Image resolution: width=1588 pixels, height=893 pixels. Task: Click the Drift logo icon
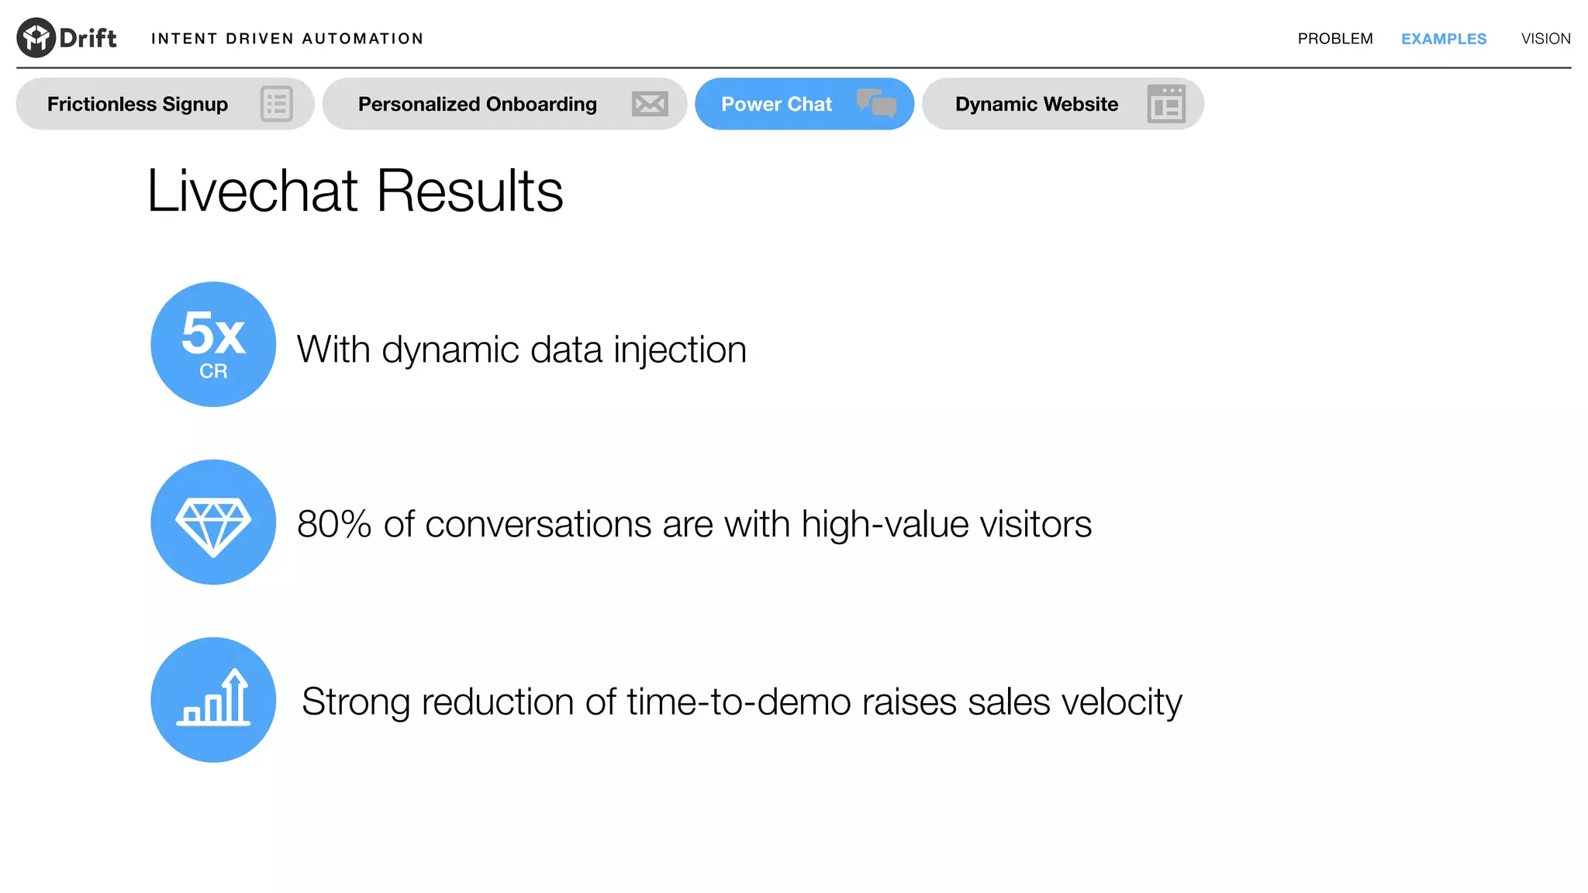(x=36, y=37)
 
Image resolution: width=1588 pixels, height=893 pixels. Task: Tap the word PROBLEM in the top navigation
(x=1334, y=39)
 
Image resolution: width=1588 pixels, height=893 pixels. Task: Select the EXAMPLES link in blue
(x=1443, y=39)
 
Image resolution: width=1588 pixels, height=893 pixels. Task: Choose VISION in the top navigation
(x=1545, y=39)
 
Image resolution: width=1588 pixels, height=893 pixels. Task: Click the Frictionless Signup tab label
(x=137, y=104)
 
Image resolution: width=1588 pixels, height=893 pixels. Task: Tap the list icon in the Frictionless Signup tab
(x=276, y=104)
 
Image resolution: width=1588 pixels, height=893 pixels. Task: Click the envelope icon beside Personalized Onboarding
(x=649, y=104)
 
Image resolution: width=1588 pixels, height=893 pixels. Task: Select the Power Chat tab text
(x=776, y=104)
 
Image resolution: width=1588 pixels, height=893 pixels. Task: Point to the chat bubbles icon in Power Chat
(x=876, y=103)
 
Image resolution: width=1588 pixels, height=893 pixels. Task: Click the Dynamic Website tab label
(x=1036, y=104)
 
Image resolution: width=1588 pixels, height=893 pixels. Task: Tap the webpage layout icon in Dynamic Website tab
(x=1165, y=104)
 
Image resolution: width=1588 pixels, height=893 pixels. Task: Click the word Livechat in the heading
(x=252, y=191)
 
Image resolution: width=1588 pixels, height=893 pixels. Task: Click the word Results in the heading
(x=470, y=191)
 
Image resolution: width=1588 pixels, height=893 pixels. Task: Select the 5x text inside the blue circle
(x=213, y=333)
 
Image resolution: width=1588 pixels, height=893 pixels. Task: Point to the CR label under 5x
(x=213, y=371)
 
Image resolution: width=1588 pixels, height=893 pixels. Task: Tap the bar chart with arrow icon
(x=213, y=698)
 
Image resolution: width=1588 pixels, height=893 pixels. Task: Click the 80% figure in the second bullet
(x=334, y=524)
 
